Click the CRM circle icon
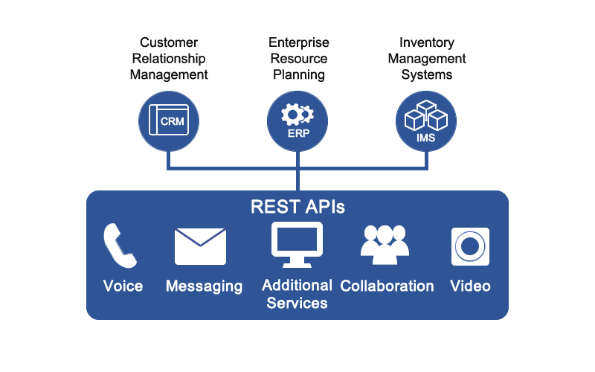169,121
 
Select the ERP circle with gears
297,121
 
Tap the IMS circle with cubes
425,121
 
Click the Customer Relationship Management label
169,59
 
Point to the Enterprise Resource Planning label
297,59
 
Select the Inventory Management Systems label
425,59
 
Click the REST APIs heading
297,207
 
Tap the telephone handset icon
120,246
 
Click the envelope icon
200,246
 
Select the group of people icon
385,244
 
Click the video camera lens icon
470,246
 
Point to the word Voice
123,286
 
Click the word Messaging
204,286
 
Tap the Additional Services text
297,294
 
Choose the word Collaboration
387,286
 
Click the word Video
470,286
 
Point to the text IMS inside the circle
425,137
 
